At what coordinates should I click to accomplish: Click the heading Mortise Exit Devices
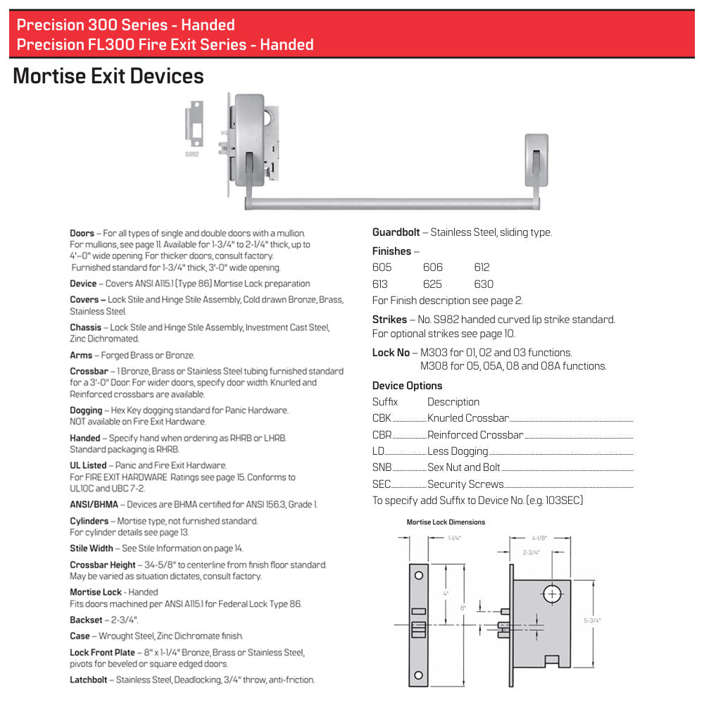click(108, 76)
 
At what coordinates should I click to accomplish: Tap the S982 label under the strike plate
click(191, 154)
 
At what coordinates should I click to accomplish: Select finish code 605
click(382, 268)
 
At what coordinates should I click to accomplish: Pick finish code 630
click(484, 284)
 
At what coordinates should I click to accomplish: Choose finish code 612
click(482, 268)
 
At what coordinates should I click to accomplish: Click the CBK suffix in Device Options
click(382, 418)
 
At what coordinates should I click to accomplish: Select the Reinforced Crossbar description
click(475, 435)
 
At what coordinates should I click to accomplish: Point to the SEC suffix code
click(382, 484)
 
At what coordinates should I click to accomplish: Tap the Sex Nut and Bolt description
click(463, 467)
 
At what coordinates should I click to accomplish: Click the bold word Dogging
click(86, 410)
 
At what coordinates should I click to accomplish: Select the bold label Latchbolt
click(88, 680)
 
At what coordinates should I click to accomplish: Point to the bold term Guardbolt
click(396, 232)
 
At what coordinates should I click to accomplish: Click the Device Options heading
click(407, 386)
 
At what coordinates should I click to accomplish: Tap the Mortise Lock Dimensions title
click(446, 522)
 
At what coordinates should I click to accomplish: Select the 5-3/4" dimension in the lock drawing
click(592, 620)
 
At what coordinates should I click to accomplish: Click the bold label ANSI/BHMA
click(94, 505)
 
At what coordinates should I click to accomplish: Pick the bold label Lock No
click(391, 353)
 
